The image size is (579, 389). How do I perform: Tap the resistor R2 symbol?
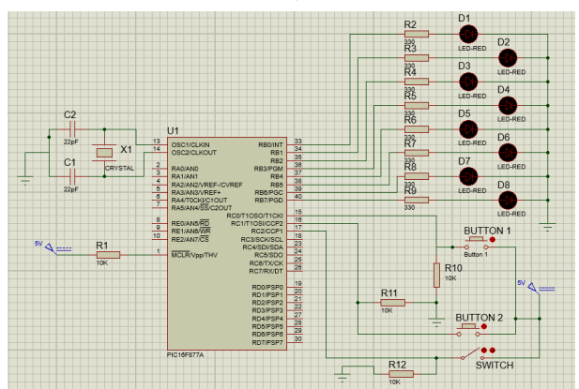point(414,33)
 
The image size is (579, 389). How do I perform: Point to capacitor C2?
point(70,130)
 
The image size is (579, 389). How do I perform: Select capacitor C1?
point(70,178)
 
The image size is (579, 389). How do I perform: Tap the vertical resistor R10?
point(436,275)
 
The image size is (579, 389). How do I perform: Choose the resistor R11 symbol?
point(392,303)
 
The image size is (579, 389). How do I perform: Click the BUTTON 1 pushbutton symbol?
point(477,243)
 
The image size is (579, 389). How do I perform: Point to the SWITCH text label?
point(494,366)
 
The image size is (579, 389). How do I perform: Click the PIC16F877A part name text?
point(187,354)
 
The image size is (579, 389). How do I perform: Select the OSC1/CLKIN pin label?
point(192,143)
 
